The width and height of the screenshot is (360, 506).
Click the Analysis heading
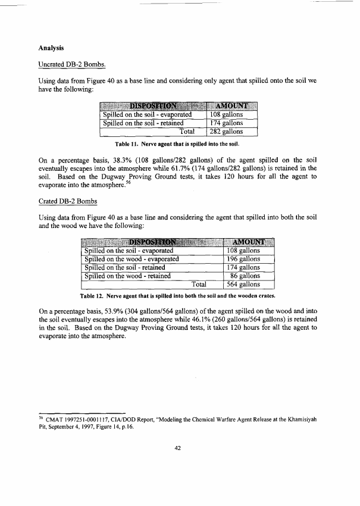(51, 47)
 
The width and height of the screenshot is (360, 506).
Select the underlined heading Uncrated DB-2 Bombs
(71, 63)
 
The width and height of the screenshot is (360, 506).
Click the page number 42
(177, 448)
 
